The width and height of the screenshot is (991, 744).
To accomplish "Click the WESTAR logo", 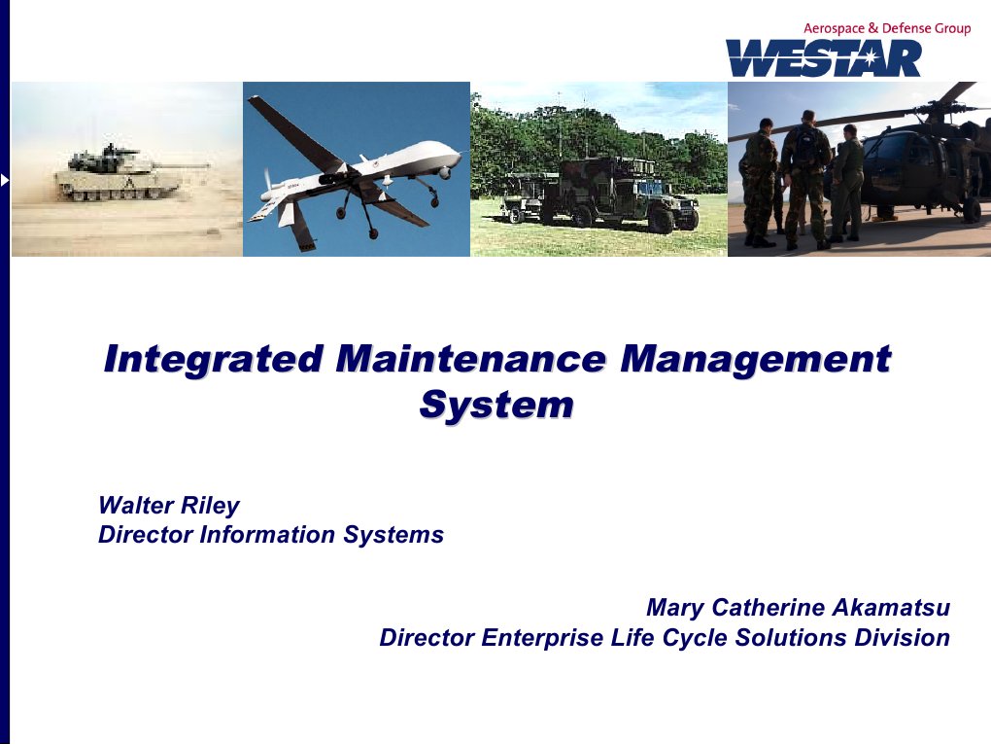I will tap(823, 58).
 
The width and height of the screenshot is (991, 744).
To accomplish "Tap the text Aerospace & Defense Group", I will tap(886, 28).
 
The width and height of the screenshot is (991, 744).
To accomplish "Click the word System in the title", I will tap(495, 405).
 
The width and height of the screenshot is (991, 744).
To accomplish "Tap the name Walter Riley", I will tap(168, 506).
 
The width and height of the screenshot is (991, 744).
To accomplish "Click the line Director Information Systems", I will tap(271, 534).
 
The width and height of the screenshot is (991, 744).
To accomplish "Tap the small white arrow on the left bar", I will tap(5, 180).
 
